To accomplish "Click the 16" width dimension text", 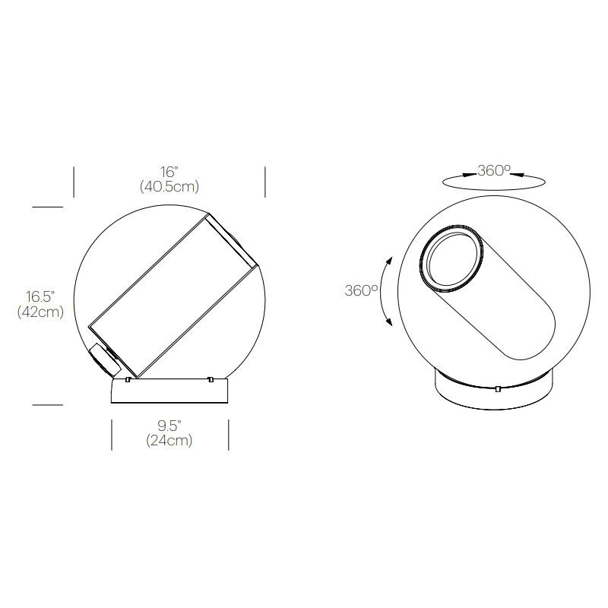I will [169, 172].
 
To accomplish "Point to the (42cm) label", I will [40, 312].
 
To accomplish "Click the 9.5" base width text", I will [169, 426].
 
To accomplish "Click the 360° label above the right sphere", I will [494, 171].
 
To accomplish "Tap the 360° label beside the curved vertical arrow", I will [361, 291].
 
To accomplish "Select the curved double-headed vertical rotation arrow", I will [386, 291].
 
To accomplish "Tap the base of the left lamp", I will [169, 391].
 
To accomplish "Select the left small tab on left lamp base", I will [128, 378].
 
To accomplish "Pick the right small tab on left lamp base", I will [210, 378].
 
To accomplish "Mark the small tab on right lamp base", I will [497, 390].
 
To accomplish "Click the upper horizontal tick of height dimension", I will [47, 206].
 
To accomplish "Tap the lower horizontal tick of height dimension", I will [47, 405].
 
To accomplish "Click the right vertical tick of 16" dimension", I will [265, 182].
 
